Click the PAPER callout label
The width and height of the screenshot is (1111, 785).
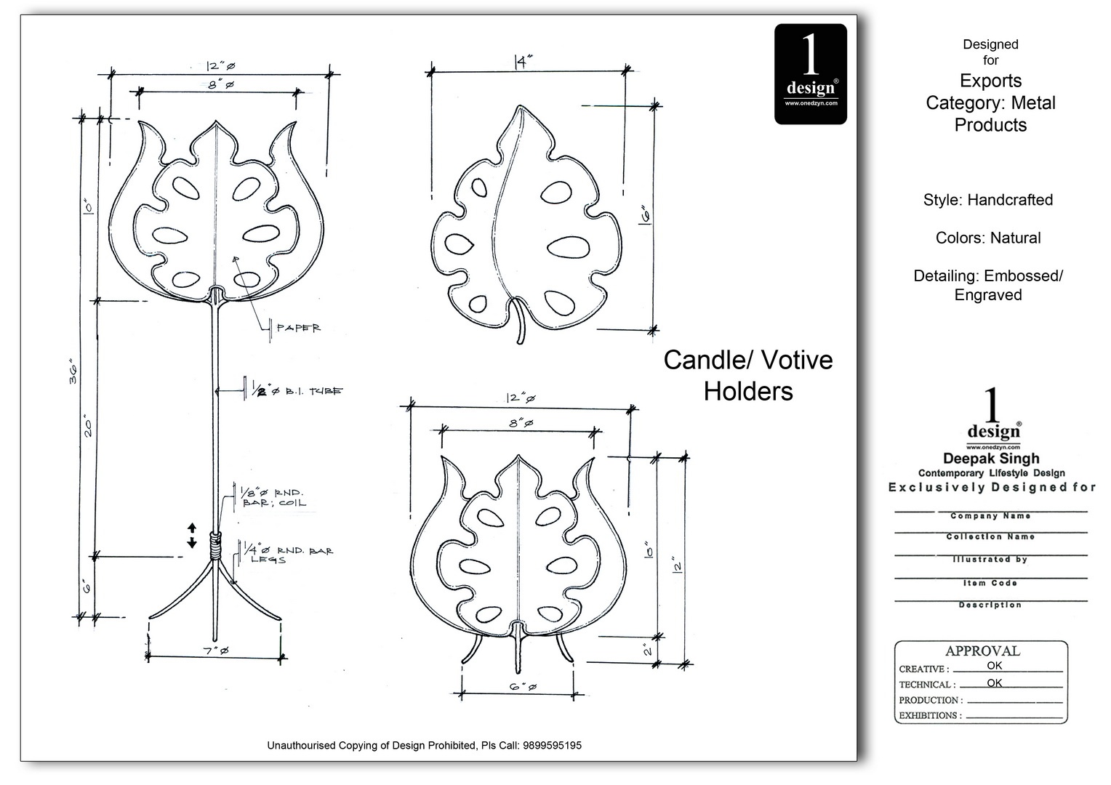298,329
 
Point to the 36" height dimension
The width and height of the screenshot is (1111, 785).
73,371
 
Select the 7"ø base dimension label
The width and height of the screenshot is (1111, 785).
216,651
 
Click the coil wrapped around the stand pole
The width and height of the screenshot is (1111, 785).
214,546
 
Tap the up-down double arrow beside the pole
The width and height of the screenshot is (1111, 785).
192,534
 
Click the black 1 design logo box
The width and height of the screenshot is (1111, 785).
810,74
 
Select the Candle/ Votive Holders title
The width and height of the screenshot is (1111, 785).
748,376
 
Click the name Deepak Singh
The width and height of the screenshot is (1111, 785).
991,459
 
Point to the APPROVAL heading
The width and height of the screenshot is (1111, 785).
982,651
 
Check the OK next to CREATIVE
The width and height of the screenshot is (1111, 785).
994,666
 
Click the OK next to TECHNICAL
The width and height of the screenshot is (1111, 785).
994,683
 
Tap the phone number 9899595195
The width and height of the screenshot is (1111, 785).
552,746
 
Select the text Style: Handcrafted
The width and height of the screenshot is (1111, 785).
988,200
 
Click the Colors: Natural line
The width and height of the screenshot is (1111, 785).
988,238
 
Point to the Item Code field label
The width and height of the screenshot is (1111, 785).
990,583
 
